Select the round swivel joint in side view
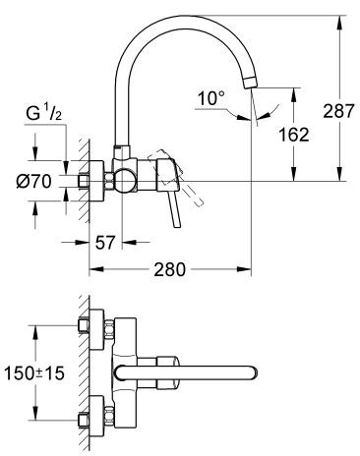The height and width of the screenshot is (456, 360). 124,181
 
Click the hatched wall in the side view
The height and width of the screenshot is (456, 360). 87,182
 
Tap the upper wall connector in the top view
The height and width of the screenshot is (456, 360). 85,327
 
